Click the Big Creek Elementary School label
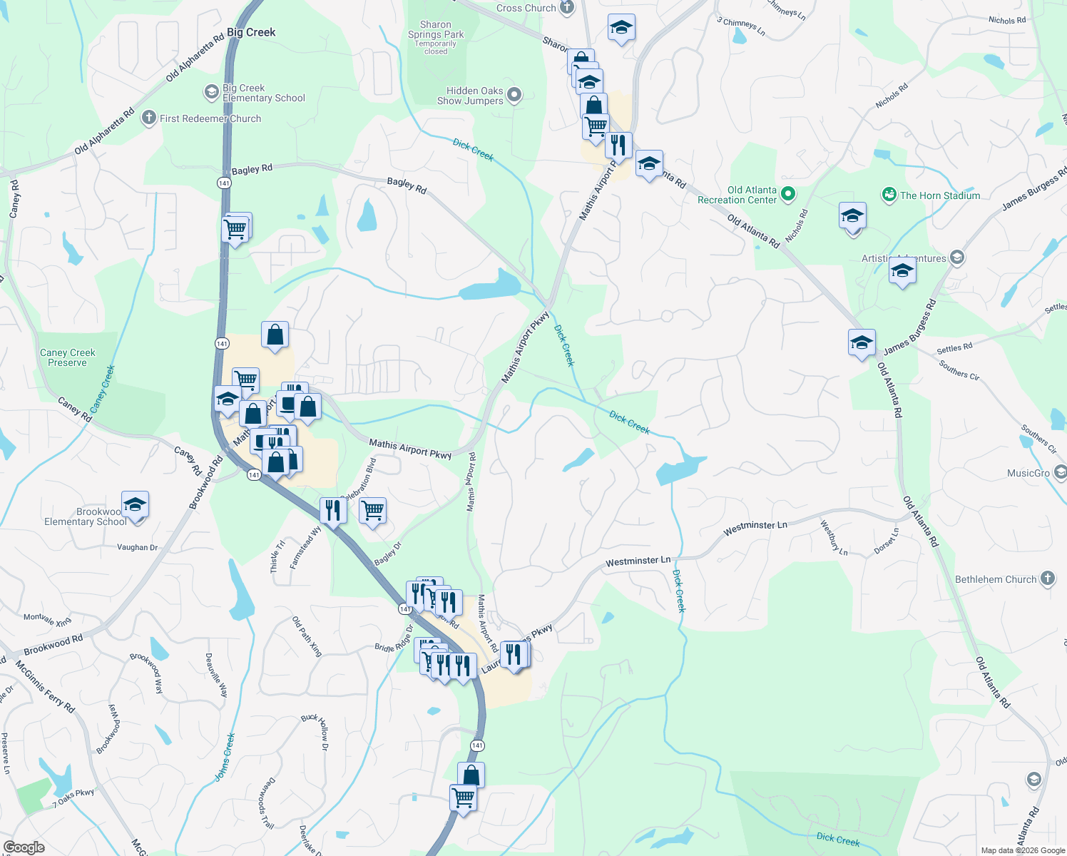[x=263, y=93]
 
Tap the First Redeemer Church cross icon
[x=148, y=118]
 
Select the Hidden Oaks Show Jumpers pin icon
[x=514, y=95]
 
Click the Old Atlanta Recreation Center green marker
[x=788, y=193]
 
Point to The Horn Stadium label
[x=939, y=195]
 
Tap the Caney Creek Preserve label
[x=68, y=357]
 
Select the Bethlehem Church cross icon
[x=1047, y=579]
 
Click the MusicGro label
[x=1028, y=473]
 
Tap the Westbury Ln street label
[x=833, y=539]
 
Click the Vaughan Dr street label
[x=137, y=547]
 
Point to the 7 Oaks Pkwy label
[x=73, y=798]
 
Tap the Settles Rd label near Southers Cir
[x=954, y=349]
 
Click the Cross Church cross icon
[x=567, y=8]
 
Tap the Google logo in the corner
[x=24, y=847]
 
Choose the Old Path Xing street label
[x=307, y=636]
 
